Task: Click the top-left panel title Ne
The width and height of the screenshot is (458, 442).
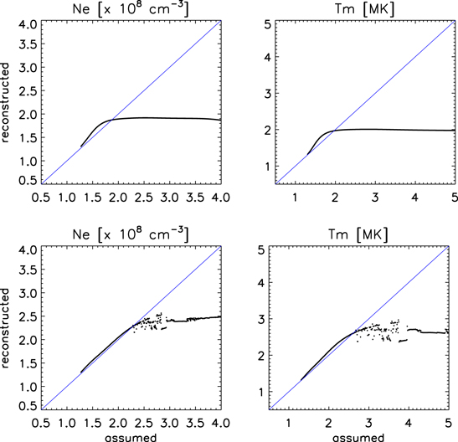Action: pyautogui.click(x=130, y=8)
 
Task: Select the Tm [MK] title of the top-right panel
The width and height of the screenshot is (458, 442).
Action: pyautogui.click(x=361, y=8)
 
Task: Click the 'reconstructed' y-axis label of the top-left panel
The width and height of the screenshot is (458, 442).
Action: pyautogui.click(x=7, y=101)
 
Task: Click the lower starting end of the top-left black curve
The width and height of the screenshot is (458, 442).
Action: pyautogui.click(x=80, y=146)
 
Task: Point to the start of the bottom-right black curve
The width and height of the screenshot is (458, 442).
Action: pyautogui.click(x=301, y=380)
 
